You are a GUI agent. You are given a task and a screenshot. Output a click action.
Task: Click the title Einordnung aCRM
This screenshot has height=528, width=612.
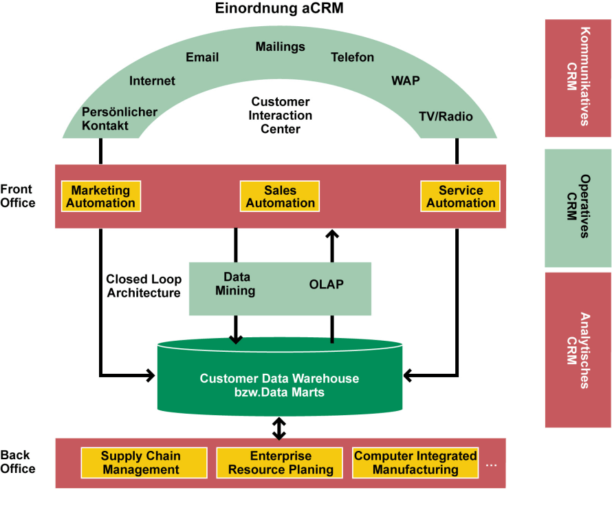280,10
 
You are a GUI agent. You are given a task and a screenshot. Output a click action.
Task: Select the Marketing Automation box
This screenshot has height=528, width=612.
100,196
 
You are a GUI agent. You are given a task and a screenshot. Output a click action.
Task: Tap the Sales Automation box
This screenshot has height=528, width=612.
280,196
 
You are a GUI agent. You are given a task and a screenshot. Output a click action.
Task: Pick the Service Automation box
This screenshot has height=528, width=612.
460,196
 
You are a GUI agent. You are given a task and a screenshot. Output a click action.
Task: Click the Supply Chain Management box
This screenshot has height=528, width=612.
144,463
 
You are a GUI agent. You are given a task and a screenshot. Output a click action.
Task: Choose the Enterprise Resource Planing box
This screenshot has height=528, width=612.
281,463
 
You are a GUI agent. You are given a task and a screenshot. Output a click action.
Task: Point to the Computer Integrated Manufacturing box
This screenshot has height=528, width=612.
415,463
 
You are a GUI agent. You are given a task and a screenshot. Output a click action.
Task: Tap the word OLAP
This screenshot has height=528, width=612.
327,284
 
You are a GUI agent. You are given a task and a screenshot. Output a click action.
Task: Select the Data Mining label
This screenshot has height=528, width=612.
235,284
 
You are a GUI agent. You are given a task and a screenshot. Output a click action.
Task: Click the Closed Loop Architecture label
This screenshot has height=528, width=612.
144,286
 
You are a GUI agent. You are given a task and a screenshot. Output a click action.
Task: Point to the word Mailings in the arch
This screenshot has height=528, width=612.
280,47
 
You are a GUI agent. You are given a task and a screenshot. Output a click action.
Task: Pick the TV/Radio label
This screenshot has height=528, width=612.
446,116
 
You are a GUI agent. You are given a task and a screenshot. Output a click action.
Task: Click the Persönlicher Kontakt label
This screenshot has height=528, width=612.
120,118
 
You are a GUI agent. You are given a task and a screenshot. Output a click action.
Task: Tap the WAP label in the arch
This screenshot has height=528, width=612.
405,81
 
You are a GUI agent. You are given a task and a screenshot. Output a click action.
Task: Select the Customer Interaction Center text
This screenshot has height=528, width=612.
280,115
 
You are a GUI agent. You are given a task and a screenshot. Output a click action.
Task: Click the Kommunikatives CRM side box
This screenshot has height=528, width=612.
578,77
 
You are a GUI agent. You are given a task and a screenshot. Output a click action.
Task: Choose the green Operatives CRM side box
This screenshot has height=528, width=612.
578,208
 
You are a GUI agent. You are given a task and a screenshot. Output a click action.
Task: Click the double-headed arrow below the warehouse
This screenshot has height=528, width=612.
278,428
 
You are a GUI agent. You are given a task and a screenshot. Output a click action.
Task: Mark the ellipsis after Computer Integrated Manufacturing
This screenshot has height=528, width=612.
491,465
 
